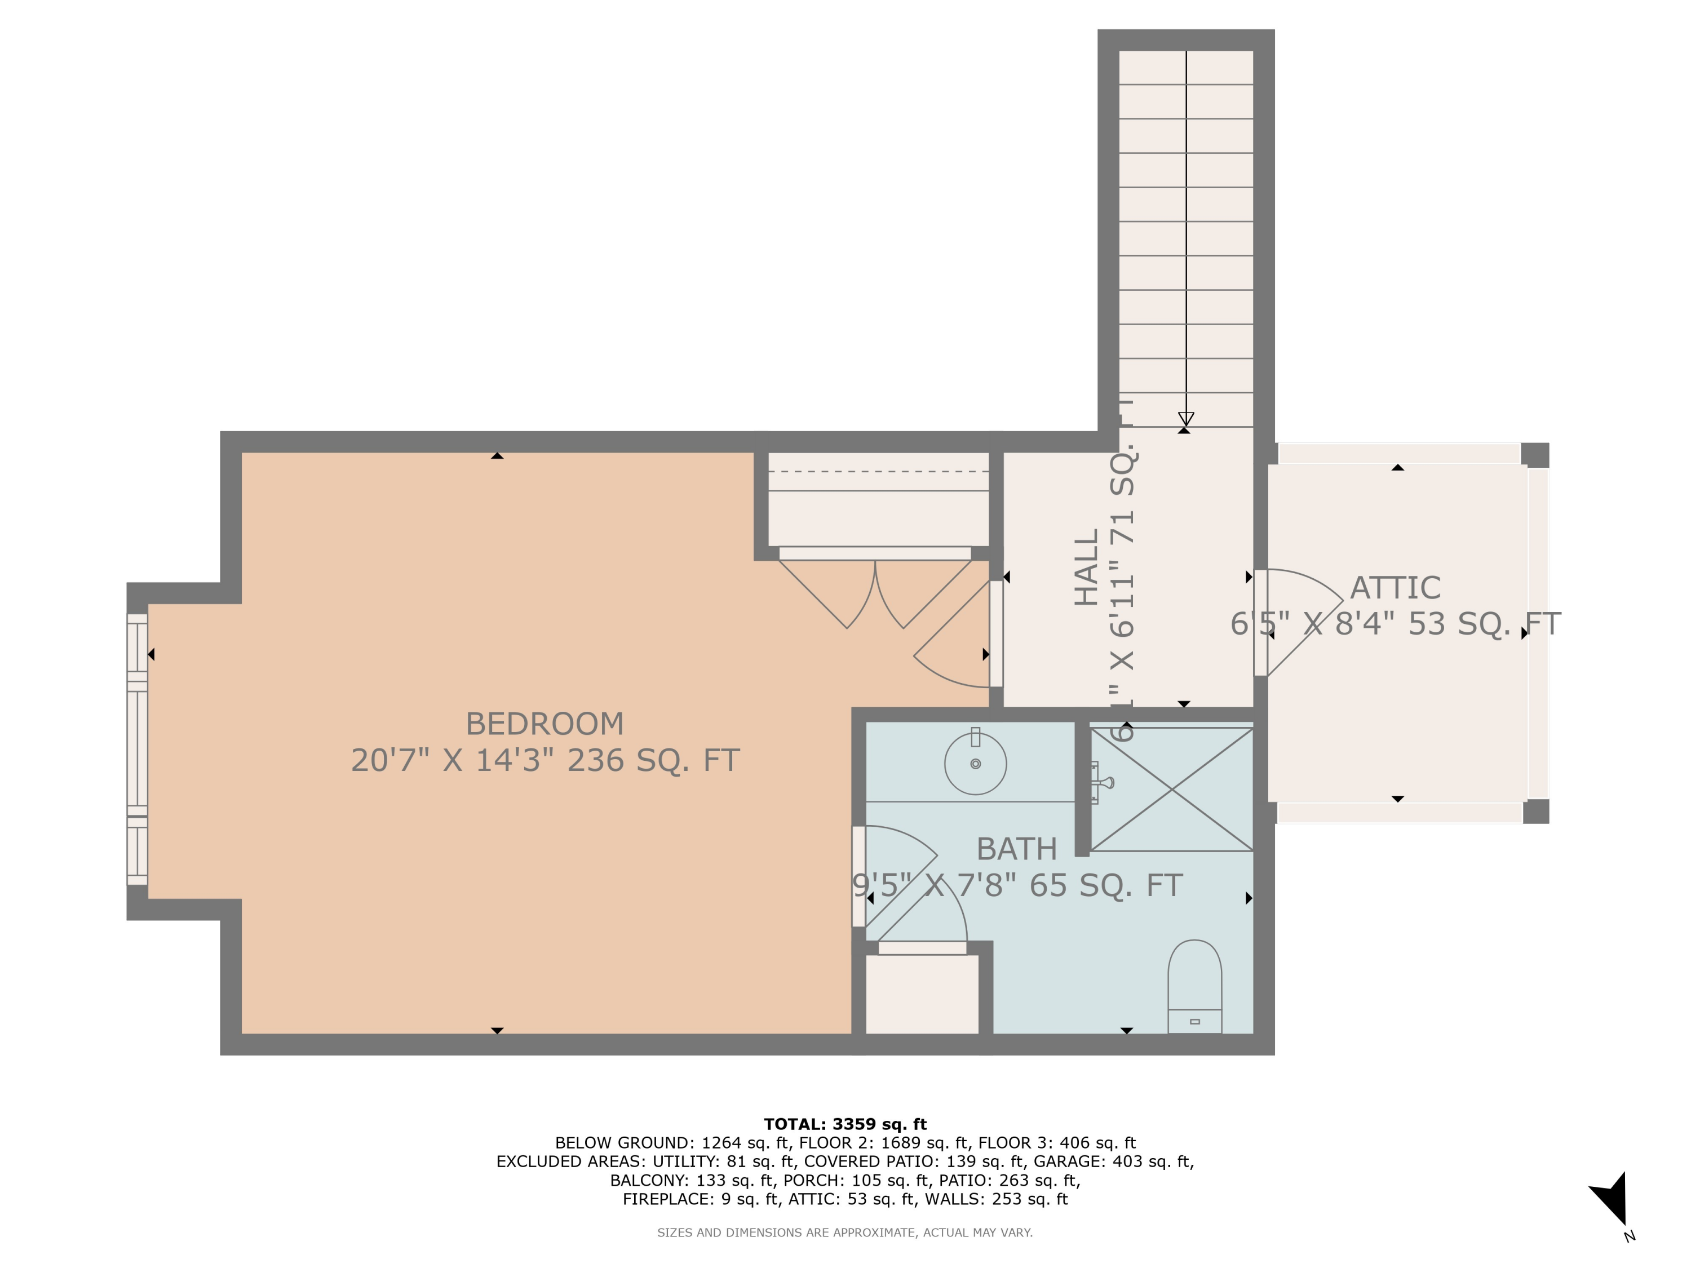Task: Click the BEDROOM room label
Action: click(545, 724)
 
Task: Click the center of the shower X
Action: click(1171, 790)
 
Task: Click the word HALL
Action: click(1086, 567)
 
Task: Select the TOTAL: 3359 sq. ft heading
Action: click(845, 1124)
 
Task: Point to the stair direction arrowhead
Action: click(1186, 419)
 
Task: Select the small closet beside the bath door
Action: click(921, 994)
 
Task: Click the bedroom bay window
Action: click(137, 749)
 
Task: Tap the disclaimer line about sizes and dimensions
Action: click(845, 1232)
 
